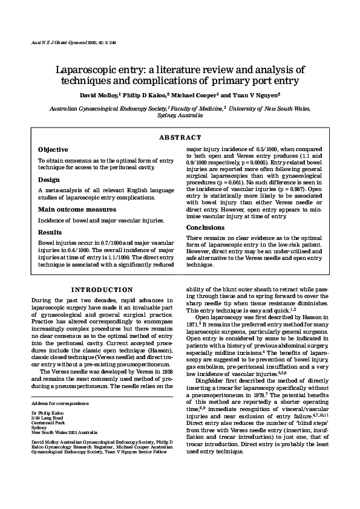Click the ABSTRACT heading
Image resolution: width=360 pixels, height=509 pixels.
click(180, 137)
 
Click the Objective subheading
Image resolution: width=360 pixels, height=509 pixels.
click(53, 149)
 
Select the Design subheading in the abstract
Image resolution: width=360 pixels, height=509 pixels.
click(49, 180)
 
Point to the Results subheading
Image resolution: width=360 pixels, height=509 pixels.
click(50, 232)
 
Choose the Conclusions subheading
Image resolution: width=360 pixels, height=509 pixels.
click(206, 227)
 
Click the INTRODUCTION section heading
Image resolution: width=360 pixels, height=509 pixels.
click(102, 290)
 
